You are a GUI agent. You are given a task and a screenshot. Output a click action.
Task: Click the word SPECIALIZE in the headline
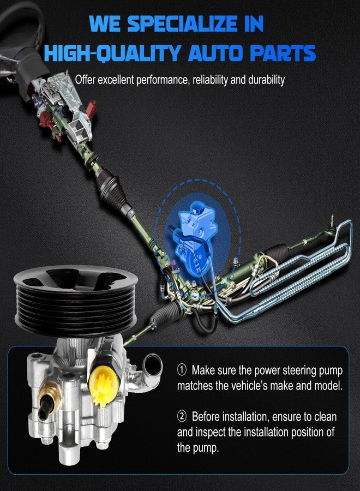coord(182,24)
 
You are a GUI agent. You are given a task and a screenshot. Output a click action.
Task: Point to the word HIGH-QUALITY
coord(112,53)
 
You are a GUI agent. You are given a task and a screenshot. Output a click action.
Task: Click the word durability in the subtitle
coord(266,80)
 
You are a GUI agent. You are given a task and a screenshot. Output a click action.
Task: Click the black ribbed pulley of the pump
coord(75,299)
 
